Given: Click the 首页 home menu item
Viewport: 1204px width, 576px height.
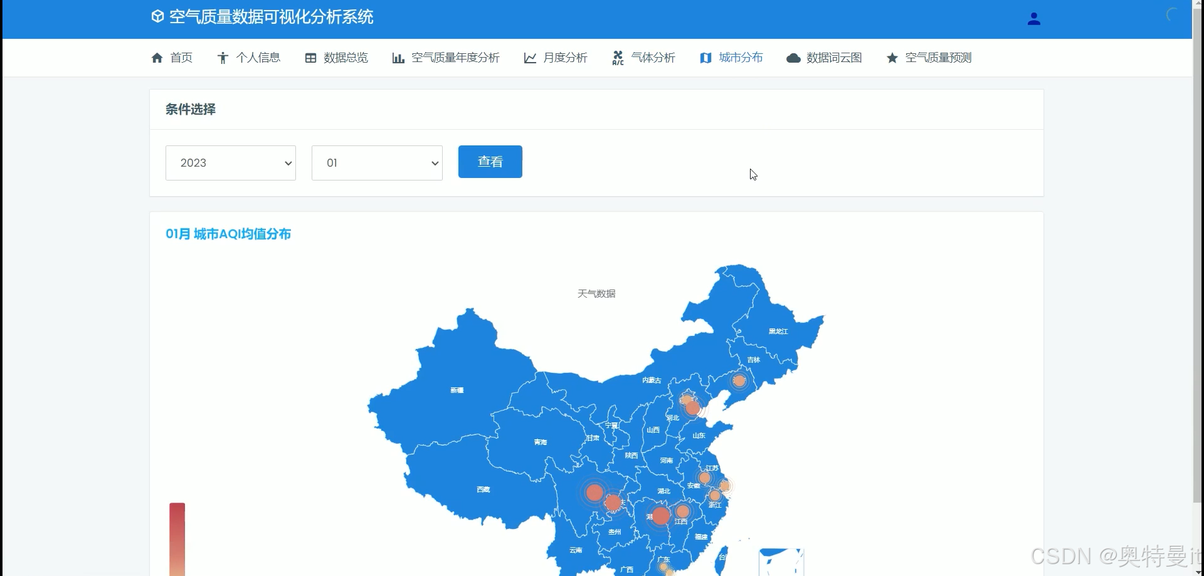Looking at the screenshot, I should pyautogui.click(x=172, y=58).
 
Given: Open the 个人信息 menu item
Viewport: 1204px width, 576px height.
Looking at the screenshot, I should pyautogui.click(x=249, y=58).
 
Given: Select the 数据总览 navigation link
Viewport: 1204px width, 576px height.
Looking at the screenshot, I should pyautogui.click(x=337, y=58).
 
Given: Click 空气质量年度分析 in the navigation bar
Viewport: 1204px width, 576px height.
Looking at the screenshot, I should pyautogui.click(x=446, y=58).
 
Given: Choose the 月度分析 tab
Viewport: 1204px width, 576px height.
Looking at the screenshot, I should pyautogui.click(x=556, y=58).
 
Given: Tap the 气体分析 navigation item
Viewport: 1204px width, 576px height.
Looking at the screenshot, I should pyautogui.click(x=644, y=58).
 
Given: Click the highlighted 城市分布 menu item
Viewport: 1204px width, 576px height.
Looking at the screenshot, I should pyautogui.click(x=732, y=58).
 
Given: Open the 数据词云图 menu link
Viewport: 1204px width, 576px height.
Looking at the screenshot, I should pyautogui.click(x=824, y=58).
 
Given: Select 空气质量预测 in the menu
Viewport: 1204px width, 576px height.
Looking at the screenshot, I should pyautogui.click(x=929, y=58).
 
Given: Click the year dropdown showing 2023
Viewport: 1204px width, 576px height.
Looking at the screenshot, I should pyautogui.click(x=231, y=163).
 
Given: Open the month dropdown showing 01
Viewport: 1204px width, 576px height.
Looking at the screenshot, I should pyautogui.click(x=377, y=163).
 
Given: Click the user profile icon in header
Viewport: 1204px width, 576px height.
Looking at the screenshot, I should pyautogui.click(x=1034, y=19).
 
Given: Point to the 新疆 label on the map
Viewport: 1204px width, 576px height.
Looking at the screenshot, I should pyautogui.click(x=457, y=390).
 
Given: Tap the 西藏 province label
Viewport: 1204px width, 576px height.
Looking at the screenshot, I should pyautogui.click(x=483, y=490).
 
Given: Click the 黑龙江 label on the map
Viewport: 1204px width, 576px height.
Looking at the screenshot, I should pyautogui.click(x=778, y=332).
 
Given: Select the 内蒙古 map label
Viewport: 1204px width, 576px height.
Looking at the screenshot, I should pyautogui.click(x=652, y=380).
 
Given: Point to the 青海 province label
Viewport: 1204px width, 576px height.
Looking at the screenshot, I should pyautogui.click(x=541, y=442).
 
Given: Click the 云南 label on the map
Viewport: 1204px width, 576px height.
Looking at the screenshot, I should pyautogui.click(x=576, y=550).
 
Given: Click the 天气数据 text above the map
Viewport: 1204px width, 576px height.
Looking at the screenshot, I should pyautogui.click(x=596, y=293).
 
